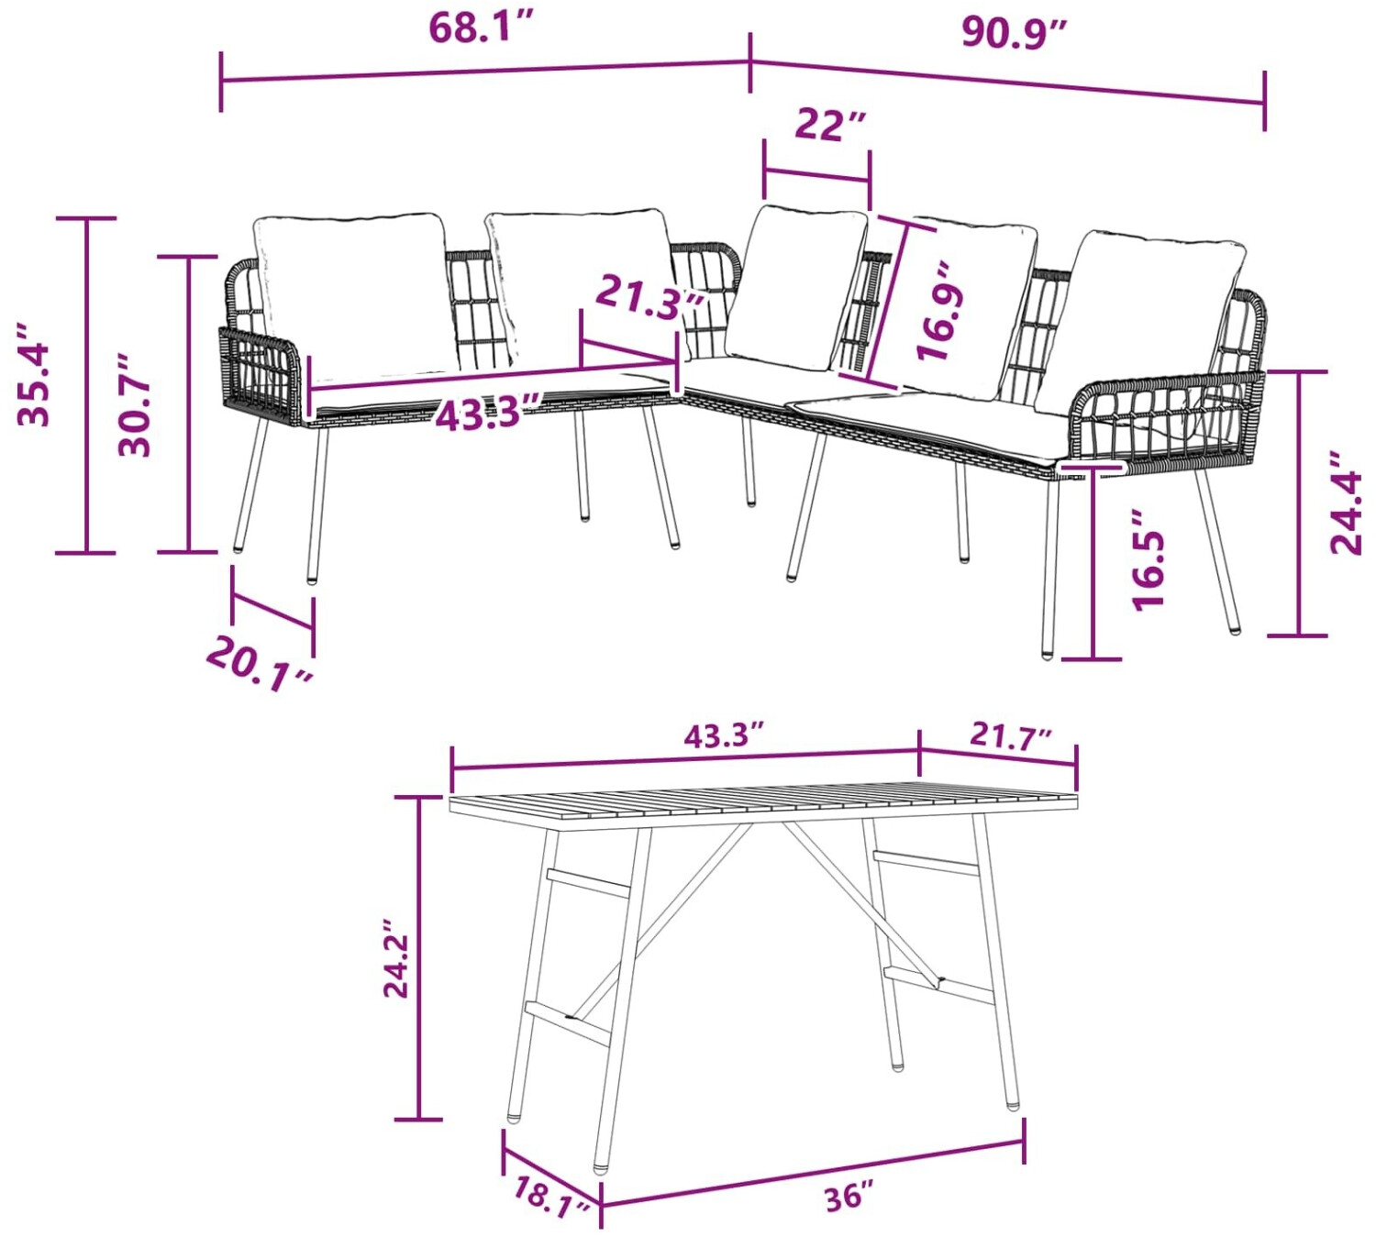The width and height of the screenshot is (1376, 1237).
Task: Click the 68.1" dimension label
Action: tap(481, 28)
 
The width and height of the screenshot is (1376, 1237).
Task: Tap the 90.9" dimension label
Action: tap(1014, 32)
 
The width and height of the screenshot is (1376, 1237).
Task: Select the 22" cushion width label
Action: tap(830, 125)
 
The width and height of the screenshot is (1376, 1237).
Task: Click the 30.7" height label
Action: tap(135, 406)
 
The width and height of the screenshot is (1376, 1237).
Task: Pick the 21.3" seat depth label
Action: tap(649, 298)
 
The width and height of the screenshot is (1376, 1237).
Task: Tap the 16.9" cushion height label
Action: tap(941, 311)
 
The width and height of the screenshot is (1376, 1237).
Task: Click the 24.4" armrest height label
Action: tap(1345, 503)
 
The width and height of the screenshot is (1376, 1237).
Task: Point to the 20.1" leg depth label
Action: tap(261, 664)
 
